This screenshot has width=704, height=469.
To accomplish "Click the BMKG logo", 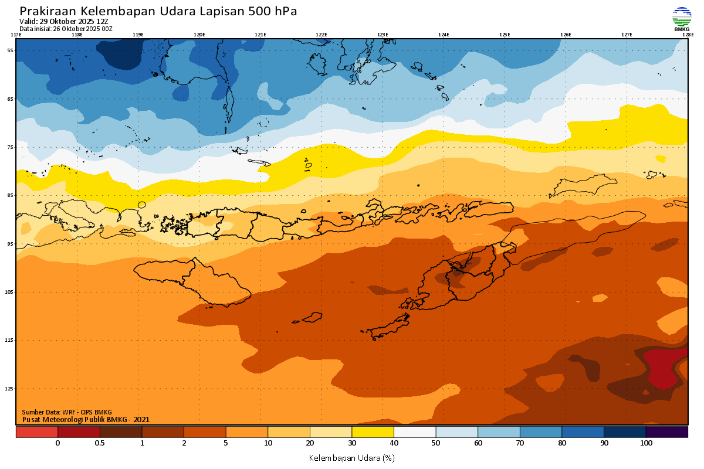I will tap(681, 19).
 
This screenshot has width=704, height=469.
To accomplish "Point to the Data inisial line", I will tap(66, 28).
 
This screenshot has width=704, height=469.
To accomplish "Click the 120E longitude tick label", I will tap(199, 35).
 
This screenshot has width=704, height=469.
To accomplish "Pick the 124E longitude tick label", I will tap(444, 35).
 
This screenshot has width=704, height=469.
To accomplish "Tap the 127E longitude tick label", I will tap(627, 35).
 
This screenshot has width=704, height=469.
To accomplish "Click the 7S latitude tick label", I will tap(11, 147).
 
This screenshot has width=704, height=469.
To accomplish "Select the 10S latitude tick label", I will tap(9, 292).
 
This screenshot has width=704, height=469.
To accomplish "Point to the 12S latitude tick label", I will tap(9, 389).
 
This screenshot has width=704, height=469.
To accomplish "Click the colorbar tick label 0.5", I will tap(100, 443).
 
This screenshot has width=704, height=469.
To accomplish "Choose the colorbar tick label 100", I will tap(646, 443).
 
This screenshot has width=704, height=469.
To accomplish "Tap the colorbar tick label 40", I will tap(394, 443).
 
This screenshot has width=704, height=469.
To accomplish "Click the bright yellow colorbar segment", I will tap(373, 432).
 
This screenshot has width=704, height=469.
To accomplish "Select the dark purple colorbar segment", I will tap(666, 432).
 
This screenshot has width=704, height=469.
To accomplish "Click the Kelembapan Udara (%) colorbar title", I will tap(351, 457).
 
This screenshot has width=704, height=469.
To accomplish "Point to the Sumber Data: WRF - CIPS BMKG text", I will tap(66, 412).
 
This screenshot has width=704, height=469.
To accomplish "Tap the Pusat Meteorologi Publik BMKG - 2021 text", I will tap(86, 419).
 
